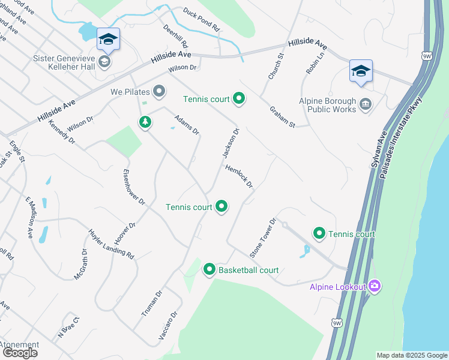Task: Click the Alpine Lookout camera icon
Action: pos(375,286)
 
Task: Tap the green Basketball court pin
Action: pos(209,269)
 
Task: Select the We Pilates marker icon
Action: pos(159,91)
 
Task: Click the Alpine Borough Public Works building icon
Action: pos(365,106)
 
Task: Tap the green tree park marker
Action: pos(145,122)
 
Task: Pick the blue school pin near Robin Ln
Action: pos(360,71)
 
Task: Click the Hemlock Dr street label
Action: pos(240,177)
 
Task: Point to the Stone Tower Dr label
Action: pos(262,238)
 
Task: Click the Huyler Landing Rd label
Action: pos(111,244)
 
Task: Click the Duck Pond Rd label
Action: pos(202,19)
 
